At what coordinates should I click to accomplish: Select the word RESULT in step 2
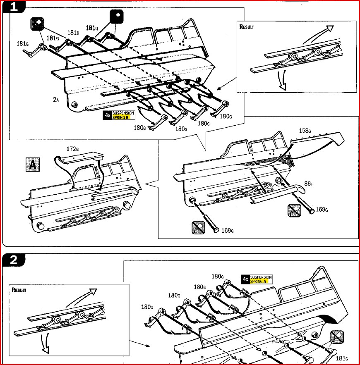tap(18, 290)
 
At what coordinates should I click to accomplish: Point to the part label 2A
tap(56, 100)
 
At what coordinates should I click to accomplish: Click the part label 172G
tap(73, 148)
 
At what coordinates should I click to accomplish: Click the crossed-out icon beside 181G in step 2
tap(337, 337)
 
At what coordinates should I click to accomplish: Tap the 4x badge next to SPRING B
tap(107, 115)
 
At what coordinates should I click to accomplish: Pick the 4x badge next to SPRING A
tap(245, 279)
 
